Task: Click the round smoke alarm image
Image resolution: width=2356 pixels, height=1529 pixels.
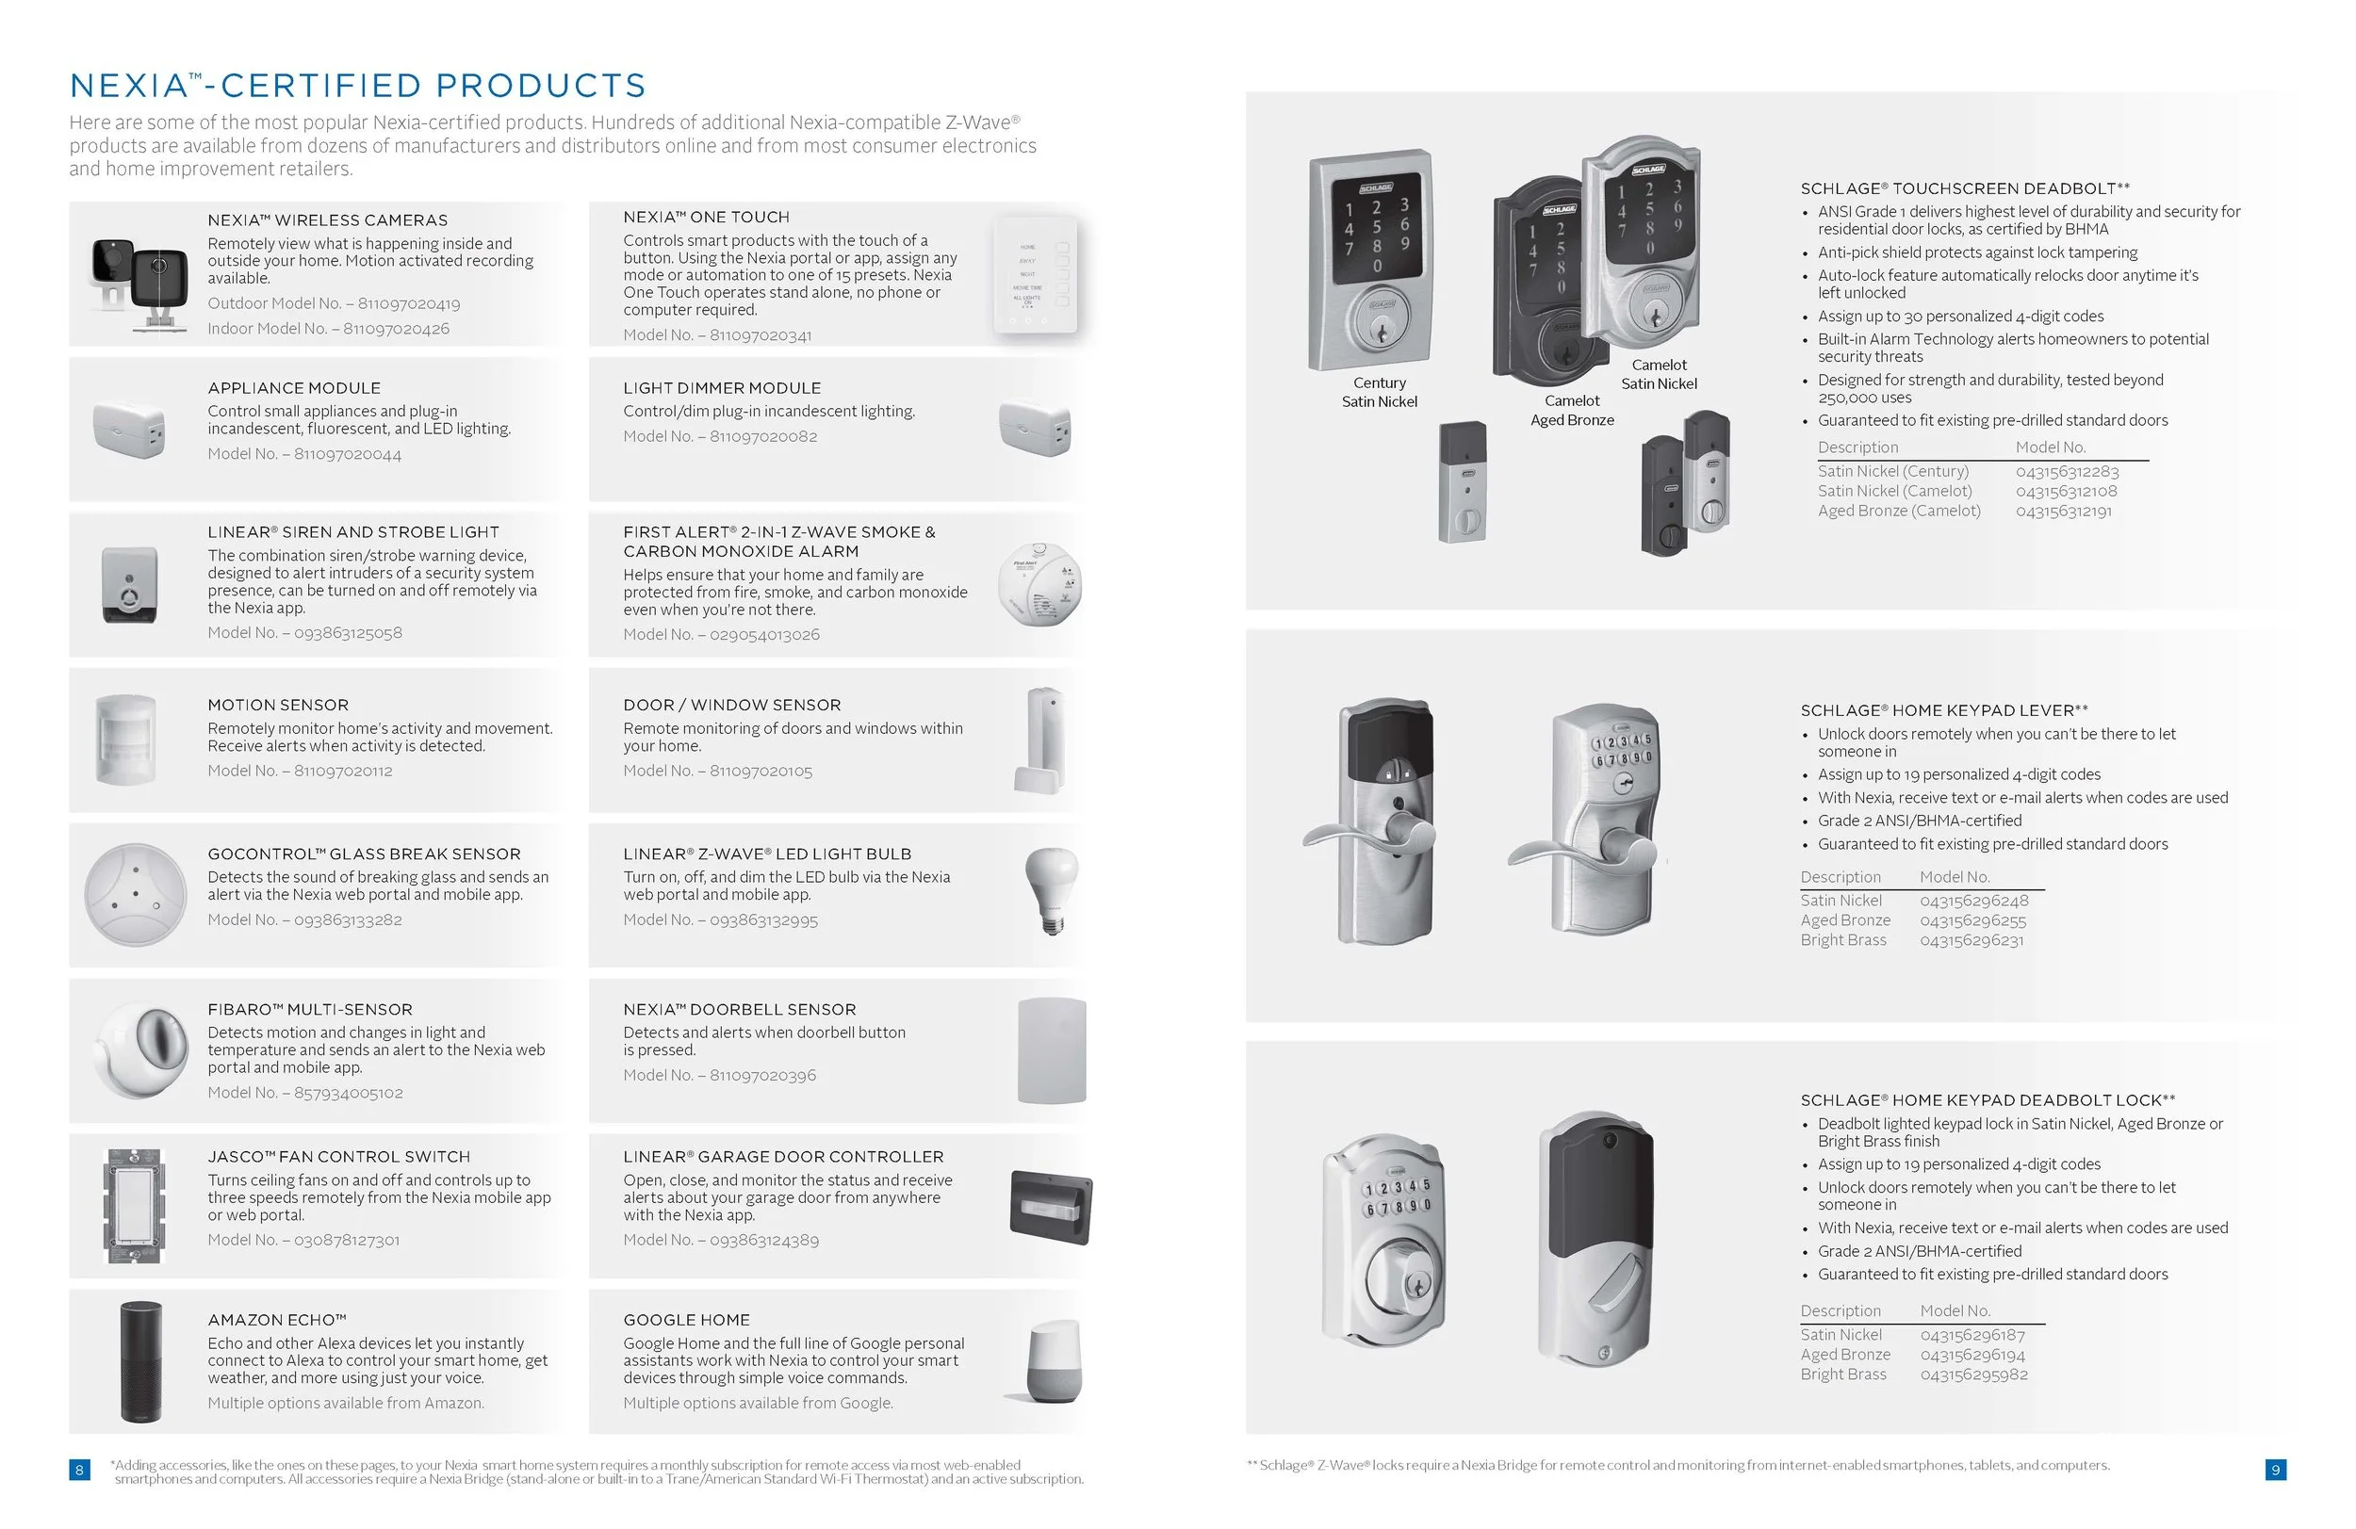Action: pos(1039,584)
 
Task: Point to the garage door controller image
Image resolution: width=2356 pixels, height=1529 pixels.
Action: pos(1050,1207)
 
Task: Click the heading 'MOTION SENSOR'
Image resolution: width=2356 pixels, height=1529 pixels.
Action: pos(278,705)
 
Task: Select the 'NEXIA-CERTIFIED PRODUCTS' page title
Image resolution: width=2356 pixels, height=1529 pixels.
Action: pos(357,86)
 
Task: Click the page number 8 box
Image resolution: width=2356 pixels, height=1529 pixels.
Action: pos(79,1470)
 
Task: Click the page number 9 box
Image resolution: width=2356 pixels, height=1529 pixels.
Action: pos(2276,1470)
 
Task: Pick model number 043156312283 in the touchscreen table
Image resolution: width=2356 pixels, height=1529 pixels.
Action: pos(2067,472)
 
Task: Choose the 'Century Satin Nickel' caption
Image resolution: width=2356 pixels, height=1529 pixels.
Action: pos(1379,392)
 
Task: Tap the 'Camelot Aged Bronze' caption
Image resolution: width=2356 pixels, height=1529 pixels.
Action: pos(1572,411)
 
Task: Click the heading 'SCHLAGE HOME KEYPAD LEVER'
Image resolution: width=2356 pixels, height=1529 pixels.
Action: pos(1943,710)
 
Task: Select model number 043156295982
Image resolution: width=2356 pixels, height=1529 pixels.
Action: pos(1974,1374)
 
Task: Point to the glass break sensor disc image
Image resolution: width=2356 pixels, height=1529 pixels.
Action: pos(136,894)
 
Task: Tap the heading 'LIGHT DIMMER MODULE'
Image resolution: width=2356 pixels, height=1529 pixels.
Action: pos(722,388)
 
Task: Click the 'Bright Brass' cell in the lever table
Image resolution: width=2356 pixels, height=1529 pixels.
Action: pos(1843,940)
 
